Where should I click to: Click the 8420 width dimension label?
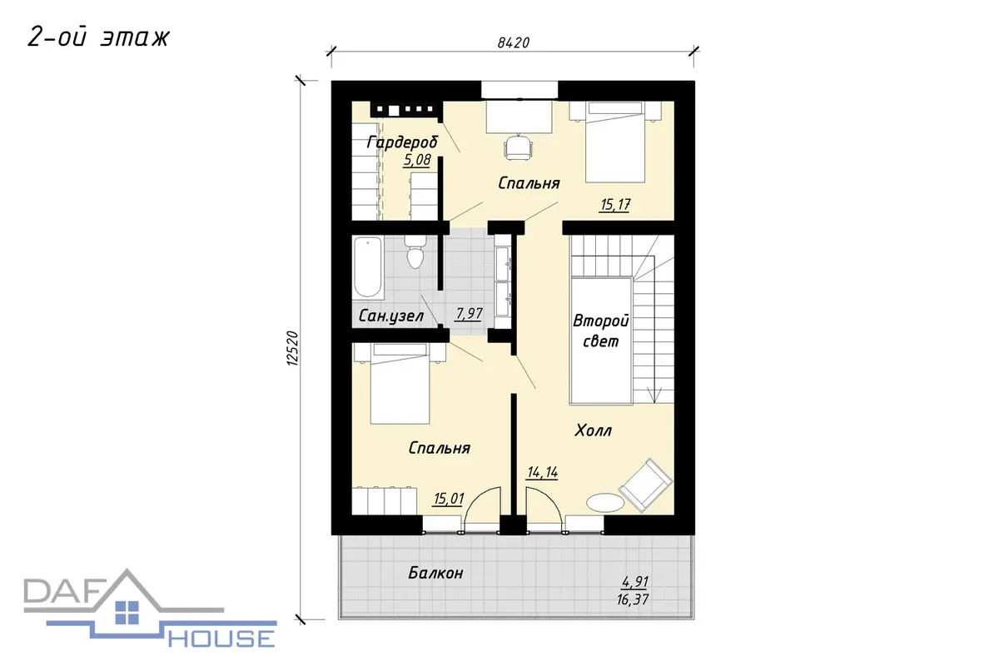514,42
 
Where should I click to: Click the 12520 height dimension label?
291,349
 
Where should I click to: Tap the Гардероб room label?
402,142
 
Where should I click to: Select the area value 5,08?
417,160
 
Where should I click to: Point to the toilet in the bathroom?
415,252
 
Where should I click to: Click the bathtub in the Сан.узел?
368,268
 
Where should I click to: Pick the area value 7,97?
469,314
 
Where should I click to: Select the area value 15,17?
615,205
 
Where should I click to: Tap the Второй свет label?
601,331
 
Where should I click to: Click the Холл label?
593,430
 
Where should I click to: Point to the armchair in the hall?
645,485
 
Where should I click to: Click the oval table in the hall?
605,503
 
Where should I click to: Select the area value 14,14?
542,472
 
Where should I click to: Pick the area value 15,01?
449,499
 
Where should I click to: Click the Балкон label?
435,573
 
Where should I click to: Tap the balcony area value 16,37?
633,599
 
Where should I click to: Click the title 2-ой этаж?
98,37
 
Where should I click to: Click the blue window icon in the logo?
127,613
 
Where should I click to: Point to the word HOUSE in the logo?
221,639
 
